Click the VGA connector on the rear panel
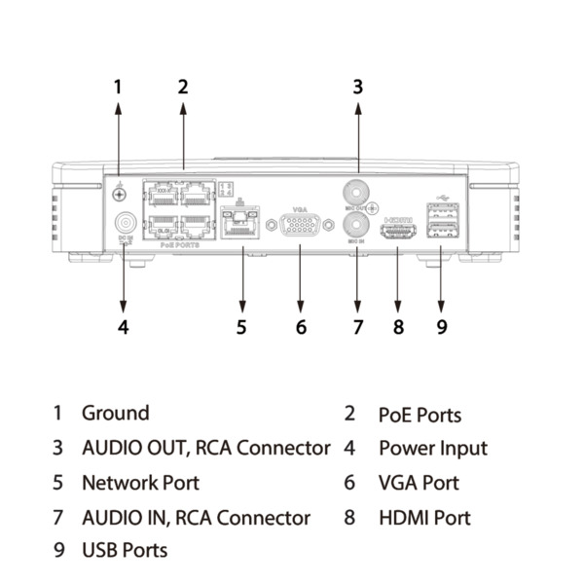(x=300, y=227)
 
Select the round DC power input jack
(x=125, y=223)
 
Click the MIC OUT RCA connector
(x=357, y=191)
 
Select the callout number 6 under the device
(x=301, y=327)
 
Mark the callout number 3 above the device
(x=357, y=87)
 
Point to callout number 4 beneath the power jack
(x=123, y=327)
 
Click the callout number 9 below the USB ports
(x=441, y=327)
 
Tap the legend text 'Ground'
(x=115, y=413)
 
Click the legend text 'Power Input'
(x=432, y=449)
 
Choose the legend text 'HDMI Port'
(x=424, y=518)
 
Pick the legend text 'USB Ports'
(x=125, y=551)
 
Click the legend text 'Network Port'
(x=140, y=483)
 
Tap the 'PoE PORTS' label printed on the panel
(x=179, y=246)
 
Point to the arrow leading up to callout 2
(x=183, y=136)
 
